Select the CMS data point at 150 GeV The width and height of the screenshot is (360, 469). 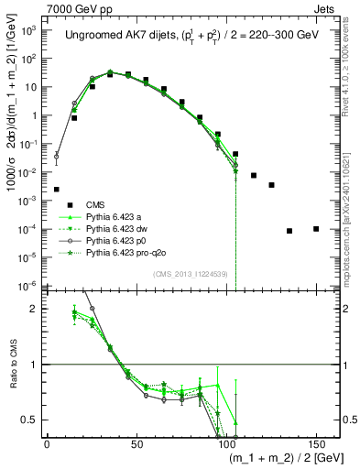click(316, 229)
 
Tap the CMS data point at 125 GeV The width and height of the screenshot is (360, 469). click(271, 185)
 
